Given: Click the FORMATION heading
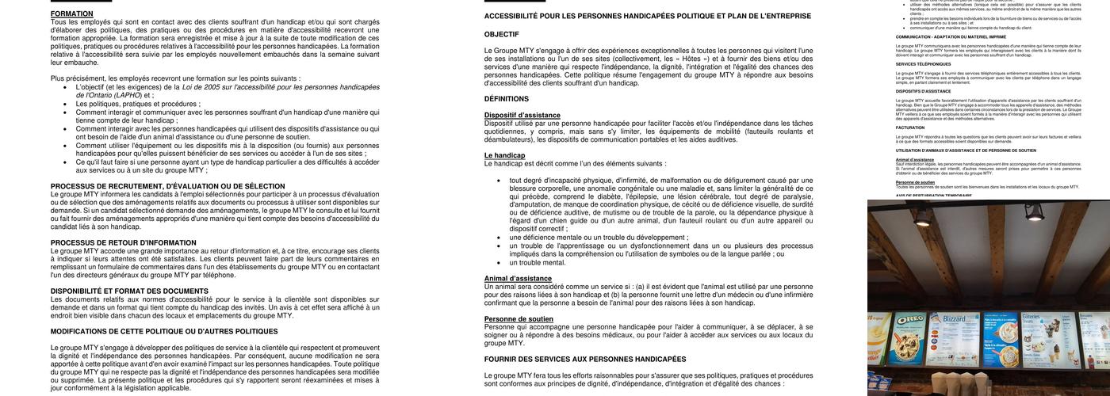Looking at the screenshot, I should (72, 13).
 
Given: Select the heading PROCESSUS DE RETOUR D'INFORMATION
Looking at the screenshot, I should (124, 242).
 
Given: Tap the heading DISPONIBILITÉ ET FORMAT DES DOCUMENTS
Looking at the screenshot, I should (129, 291).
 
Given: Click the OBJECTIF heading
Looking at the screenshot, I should (501, 34).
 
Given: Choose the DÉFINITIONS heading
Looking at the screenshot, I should (507, 99).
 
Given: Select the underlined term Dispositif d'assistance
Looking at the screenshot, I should (522, 116).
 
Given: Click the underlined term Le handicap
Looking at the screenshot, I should (504, 155).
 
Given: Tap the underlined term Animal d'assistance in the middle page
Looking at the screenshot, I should (518, 279).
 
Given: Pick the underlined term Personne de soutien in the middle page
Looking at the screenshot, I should (519, 319).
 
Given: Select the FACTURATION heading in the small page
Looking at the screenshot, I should (910, 127).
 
